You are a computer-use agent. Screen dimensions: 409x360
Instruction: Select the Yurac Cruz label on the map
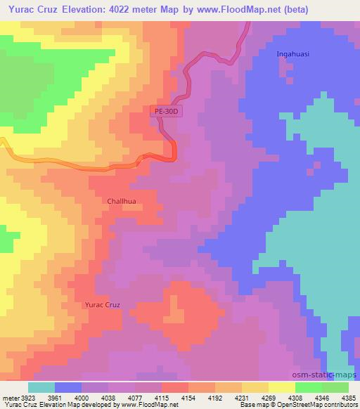pos(103,305)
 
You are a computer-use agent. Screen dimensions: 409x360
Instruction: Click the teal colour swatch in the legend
pos(41,387)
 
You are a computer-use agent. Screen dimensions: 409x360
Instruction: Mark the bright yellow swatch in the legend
pos(282,387)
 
